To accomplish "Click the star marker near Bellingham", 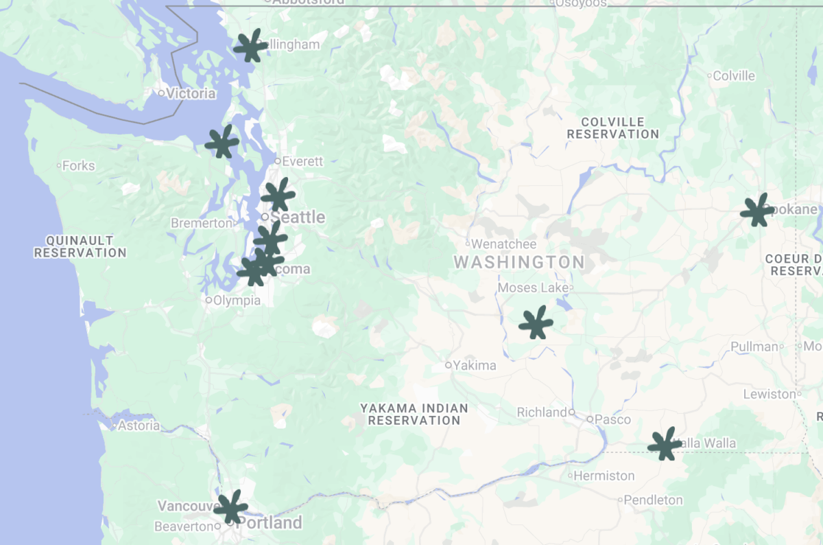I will (x=250, y=47).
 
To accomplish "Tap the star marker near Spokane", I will (x=756, y=211).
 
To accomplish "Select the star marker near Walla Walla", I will (x=664, y=444).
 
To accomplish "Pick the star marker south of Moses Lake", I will (x=536, y=323).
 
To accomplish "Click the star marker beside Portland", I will (x=230, y=507).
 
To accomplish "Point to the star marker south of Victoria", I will (x=222, y=143).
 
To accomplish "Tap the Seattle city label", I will (x=298, y=218).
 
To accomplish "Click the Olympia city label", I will (x=237, y=300).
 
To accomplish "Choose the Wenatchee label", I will (x=504, y=244).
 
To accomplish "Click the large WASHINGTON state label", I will (x=519, y=262).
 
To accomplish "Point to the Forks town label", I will (x=78, y=165).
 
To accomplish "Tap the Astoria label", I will (x=139, y=426).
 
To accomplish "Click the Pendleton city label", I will (x=654, y=500).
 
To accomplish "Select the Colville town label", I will (x=734, y=76).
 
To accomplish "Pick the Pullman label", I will (x=754, y=347).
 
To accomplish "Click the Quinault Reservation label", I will (x=80, y=246).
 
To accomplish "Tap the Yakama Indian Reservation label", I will (x=414, y=414).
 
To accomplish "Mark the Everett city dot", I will (x=278, y=161).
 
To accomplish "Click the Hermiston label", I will (x=604, y=476).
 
